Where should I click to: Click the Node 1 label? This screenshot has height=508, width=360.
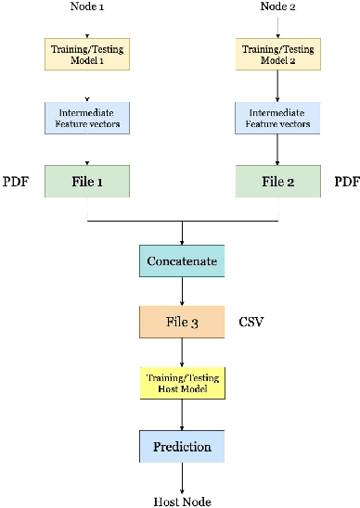pos(87,8)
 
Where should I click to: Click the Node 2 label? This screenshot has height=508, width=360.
pos(277,8)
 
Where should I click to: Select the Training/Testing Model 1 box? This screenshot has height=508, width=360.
pos(87,54)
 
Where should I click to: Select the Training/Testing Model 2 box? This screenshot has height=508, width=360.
pos(277,54)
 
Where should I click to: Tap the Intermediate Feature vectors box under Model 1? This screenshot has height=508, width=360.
pos(87,117)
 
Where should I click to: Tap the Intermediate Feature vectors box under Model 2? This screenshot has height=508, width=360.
pos(277,117)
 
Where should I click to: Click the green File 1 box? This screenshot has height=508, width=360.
pos(87,181)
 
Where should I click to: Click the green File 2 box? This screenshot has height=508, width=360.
pos(277,181)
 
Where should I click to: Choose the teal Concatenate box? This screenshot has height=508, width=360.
pos(182,260)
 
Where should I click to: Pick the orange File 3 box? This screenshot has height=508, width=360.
pos(182,322)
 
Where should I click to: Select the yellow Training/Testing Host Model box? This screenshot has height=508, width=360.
pos(182,384)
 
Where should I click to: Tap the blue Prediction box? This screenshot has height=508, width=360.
pos(182,446)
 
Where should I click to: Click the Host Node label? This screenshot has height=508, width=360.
pos(182,502)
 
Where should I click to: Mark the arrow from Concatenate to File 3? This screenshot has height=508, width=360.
pos(182,290)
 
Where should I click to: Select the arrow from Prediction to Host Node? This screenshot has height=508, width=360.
pos(182,476)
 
